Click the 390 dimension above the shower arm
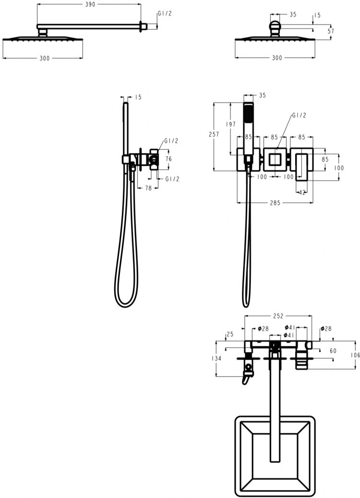[90, 4]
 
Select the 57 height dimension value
[331, 31]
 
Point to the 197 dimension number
[230, 124]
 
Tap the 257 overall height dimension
[214, 134]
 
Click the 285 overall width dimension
[275, 203]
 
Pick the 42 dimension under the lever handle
[302, 192]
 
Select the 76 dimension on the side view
[168, 158]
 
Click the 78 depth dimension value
[148, 188]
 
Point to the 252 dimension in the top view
[278, 316]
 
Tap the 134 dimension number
[216, 358]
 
